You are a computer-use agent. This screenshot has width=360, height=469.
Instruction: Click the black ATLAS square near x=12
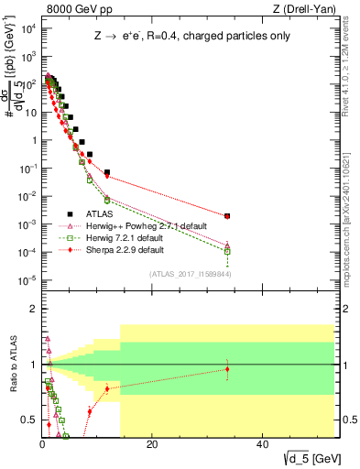tap(107, 172)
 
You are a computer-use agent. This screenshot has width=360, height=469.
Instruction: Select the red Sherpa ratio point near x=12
tap(107, 388)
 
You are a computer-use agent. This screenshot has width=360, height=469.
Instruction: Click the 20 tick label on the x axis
tap(152, 445)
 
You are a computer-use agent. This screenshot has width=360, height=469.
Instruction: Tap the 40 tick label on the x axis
tap(261, 445)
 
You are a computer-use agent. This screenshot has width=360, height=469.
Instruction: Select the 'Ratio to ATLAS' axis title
tap(14, 366)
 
